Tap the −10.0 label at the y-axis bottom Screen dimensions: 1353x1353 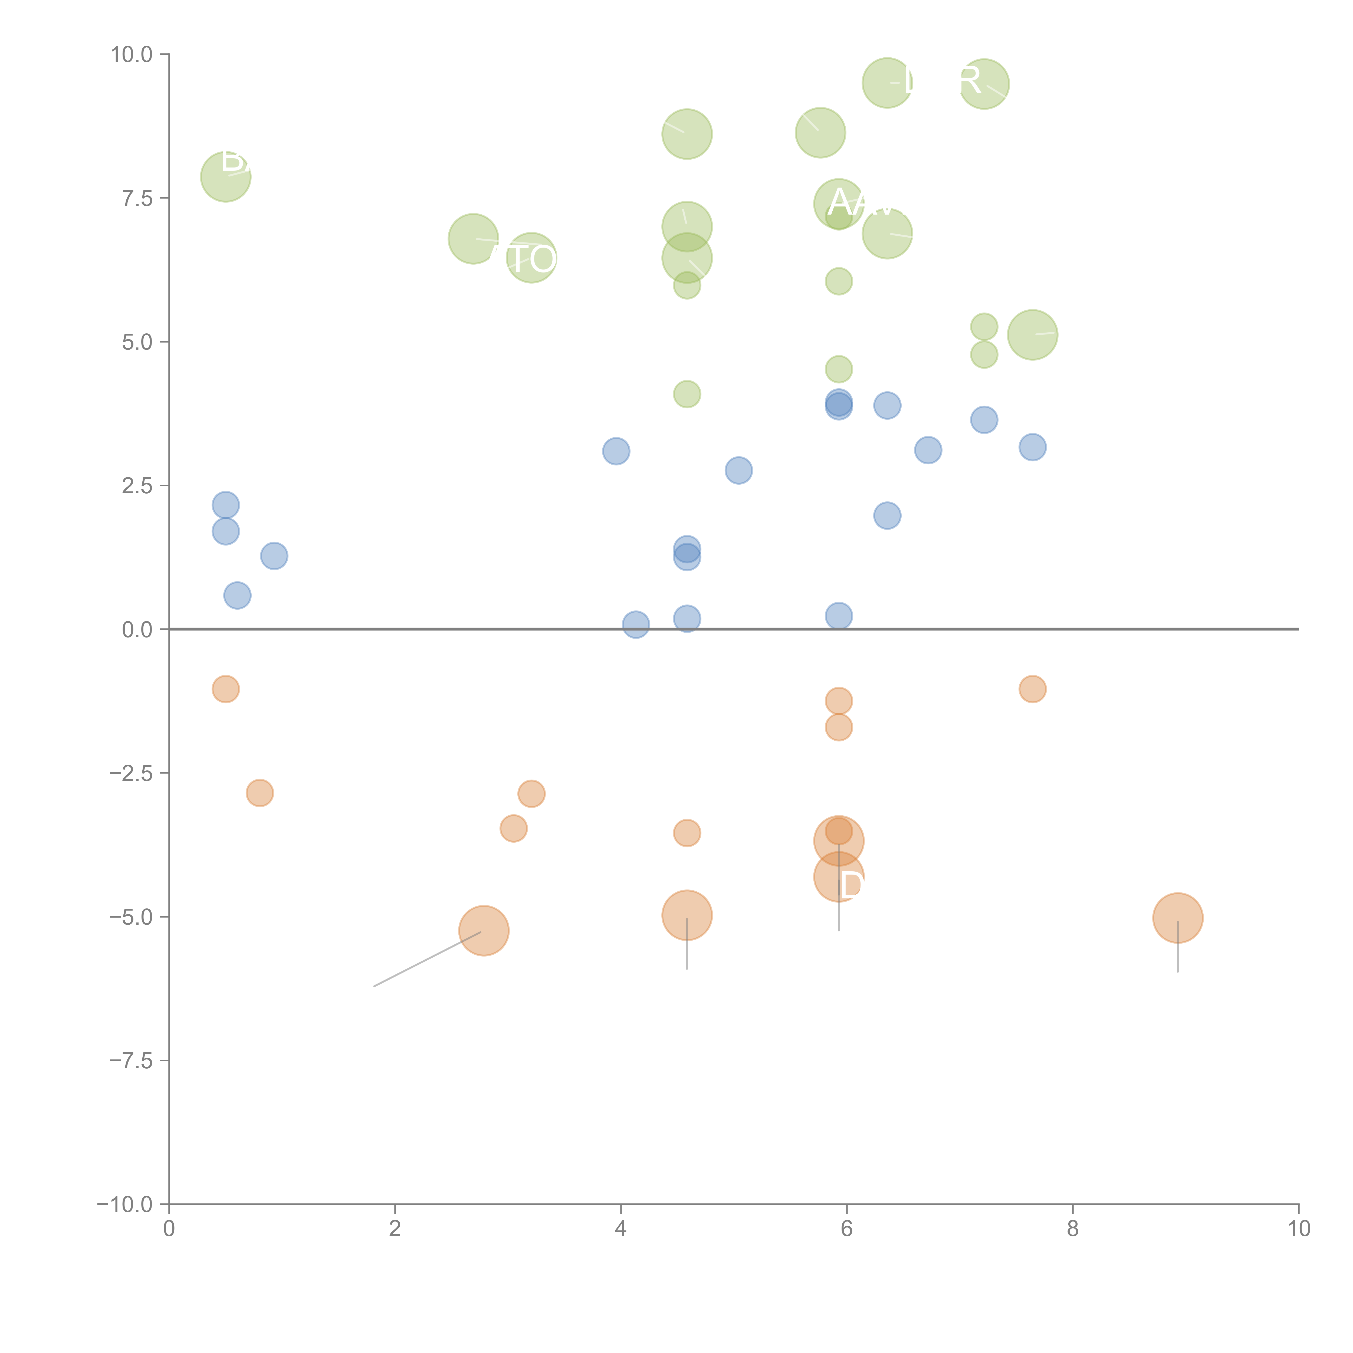pos(125,1204)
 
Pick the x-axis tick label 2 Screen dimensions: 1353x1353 pos(395,1229)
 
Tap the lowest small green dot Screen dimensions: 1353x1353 pos(687,394)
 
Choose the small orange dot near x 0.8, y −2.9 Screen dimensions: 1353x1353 pos(260,793)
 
